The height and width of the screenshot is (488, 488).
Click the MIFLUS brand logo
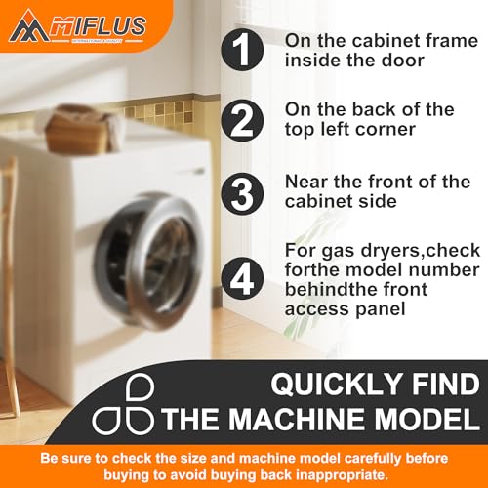77,26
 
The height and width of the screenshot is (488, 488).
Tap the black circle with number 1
242,51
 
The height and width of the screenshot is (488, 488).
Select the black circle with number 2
242,121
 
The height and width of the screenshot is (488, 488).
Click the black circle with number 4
242,278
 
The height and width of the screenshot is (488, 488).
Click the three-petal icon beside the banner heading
123,404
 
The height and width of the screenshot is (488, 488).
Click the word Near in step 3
305,182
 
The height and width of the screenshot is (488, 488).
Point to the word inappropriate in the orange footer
343,475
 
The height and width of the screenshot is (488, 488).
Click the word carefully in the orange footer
373,459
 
